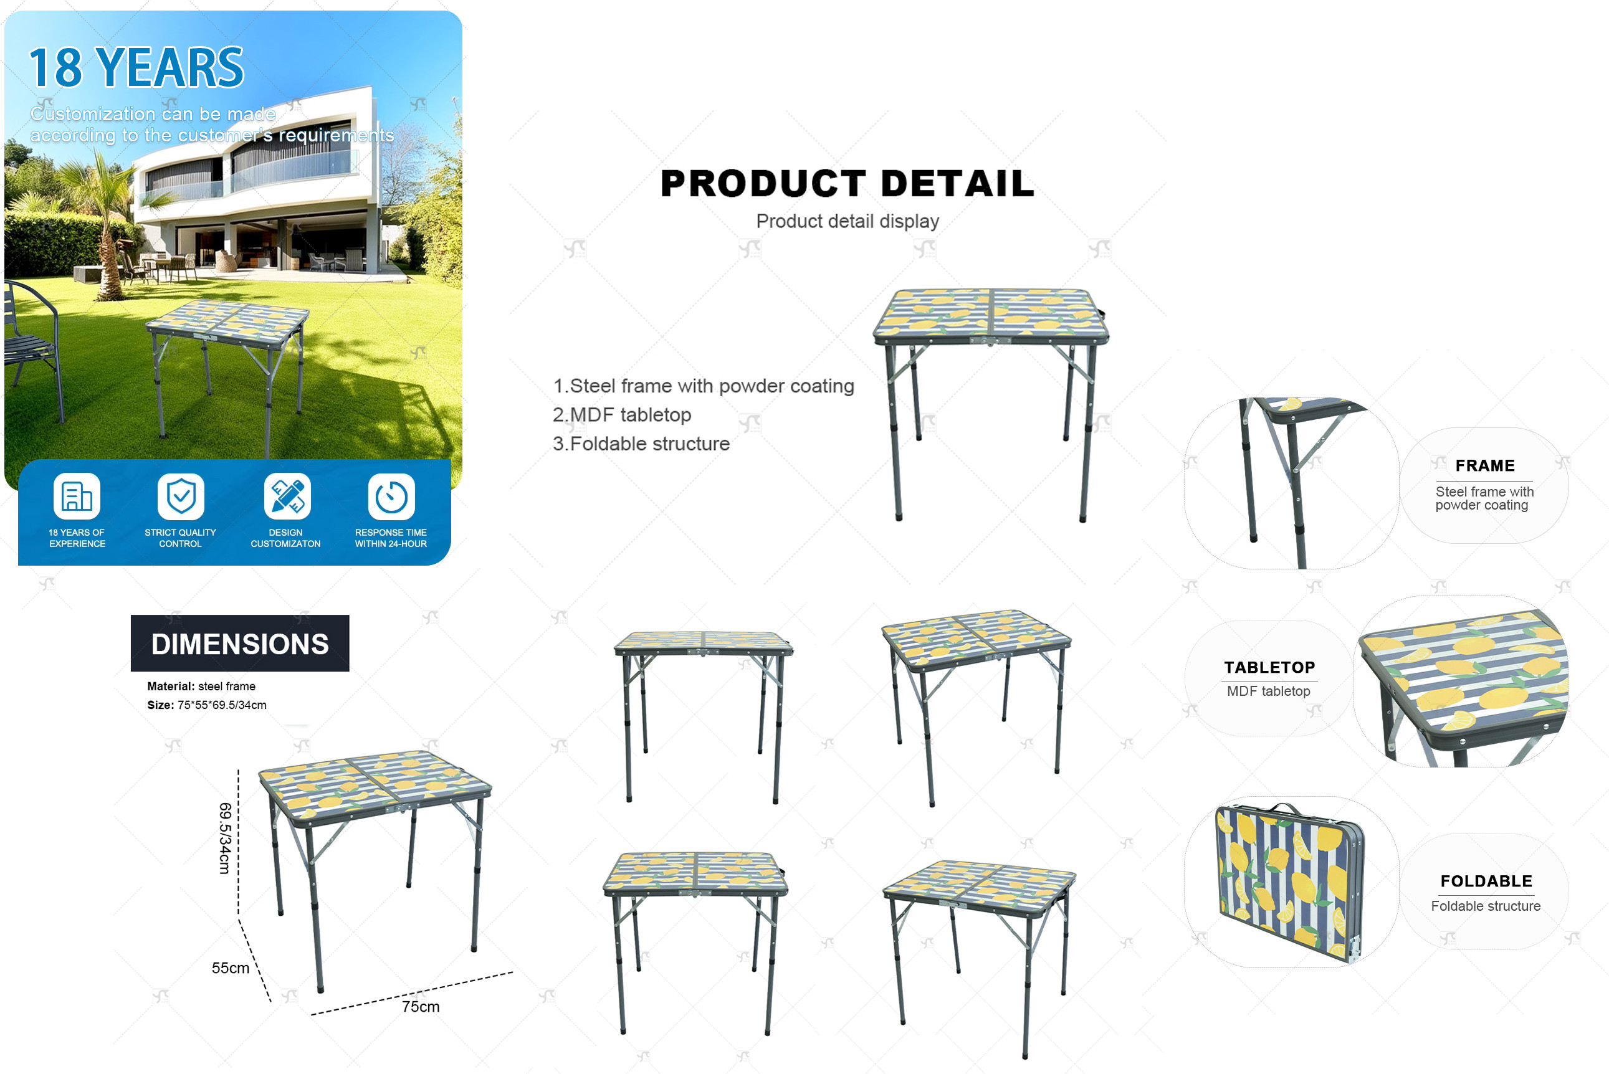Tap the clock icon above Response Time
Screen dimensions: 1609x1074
[x=391, y=497]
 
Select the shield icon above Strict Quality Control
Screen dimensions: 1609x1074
[x=181, y=497]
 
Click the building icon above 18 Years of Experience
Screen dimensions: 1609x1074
[x=77, y=497]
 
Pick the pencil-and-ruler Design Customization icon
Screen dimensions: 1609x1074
[x=287, y=497]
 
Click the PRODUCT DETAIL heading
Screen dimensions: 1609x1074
[x=847, y=184]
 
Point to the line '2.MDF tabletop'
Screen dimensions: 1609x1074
[x=622, y=414]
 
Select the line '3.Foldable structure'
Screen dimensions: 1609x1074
[x=641, y=444]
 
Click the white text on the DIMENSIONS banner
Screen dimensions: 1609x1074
[x=240, y=644]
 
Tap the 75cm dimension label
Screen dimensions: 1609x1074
[x=421, y=1006]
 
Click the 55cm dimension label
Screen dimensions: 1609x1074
[x=230, y=968]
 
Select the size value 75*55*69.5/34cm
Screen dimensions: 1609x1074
[x=222, y=705]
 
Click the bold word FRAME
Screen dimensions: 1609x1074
[x=1485, y=466]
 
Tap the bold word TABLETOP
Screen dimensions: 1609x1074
[x=1269, y=667]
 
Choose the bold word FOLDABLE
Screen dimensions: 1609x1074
[x=1486, y=881]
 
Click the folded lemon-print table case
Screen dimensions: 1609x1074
[x=1289, y=883]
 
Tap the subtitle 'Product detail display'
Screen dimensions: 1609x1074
[x=847, y=221]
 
